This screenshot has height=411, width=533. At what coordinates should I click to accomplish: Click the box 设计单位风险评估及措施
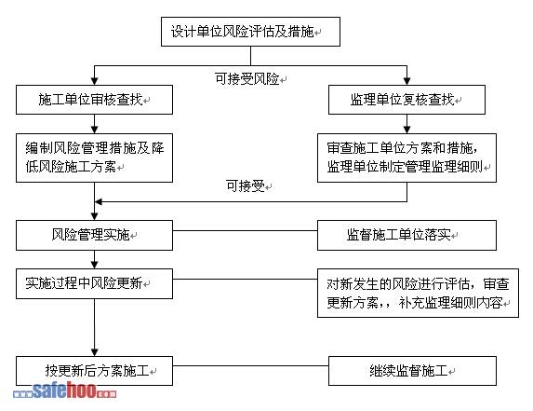tap(250, 32)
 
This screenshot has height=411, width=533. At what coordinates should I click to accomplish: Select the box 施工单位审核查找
tap(94, 100)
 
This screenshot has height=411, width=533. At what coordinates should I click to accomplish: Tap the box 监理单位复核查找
tap(406, 100)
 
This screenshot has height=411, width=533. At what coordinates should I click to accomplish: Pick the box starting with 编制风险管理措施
tap(94, 158)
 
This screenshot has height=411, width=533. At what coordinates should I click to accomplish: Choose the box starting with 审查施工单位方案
tap(406, 158)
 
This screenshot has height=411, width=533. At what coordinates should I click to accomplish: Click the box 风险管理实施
tap(94, 235)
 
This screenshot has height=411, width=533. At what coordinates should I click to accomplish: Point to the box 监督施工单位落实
tap(406, 235)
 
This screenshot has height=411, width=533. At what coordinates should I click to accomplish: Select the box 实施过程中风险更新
tap(94, 283)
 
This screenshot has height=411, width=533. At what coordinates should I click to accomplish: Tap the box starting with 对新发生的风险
tap(418, 294)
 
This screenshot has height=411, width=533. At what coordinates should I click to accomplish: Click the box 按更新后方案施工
tap(94, 371)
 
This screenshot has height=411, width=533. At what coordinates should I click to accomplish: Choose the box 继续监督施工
tap(412, 371)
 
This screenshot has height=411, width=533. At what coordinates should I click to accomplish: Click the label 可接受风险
tap(247, 79)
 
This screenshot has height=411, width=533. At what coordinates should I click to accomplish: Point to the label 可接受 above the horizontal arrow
tap(246, 185)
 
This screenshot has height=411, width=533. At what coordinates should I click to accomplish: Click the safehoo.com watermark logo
tap(64, 390)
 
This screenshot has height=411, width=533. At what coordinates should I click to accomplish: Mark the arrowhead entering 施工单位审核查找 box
tap(95, 81)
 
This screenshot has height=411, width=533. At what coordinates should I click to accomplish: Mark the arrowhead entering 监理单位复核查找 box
tap(406, 81)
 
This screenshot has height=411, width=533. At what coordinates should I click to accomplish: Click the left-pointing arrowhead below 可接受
tap(99, 202)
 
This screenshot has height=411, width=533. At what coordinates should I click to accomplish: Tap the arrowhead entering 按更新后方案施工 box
tap(95, 352)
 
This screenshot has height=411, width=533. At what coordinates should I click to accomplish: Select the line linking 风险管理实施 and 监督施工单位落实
tap(245, 230)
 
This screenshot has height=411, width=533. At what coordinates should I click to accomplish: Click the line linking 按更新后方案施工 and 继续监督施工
tap(250, 366)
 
